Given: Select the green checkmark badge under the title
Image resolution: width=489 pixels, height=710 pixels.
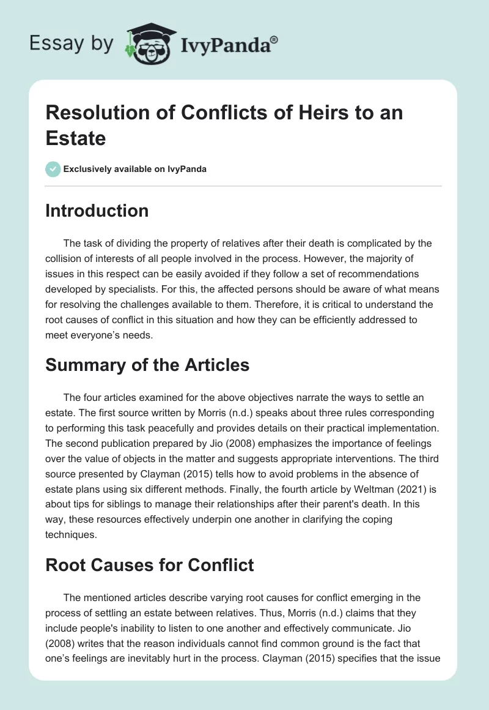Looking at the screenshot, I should pyautogui.click(x=53, y=169).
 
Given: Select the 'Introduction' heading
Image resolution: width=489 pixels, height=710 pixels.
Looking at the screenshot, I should pyautogui.click(x=97, y=211).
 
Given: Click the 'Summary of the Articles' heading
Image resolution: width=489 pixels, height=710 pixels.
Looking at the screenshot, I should pyautogui.click(x=147, y=365).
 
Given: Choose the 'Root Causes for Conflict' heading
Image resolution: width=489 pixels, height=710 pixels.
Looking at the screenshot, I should pyautogui.click(x=150, y=564).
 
